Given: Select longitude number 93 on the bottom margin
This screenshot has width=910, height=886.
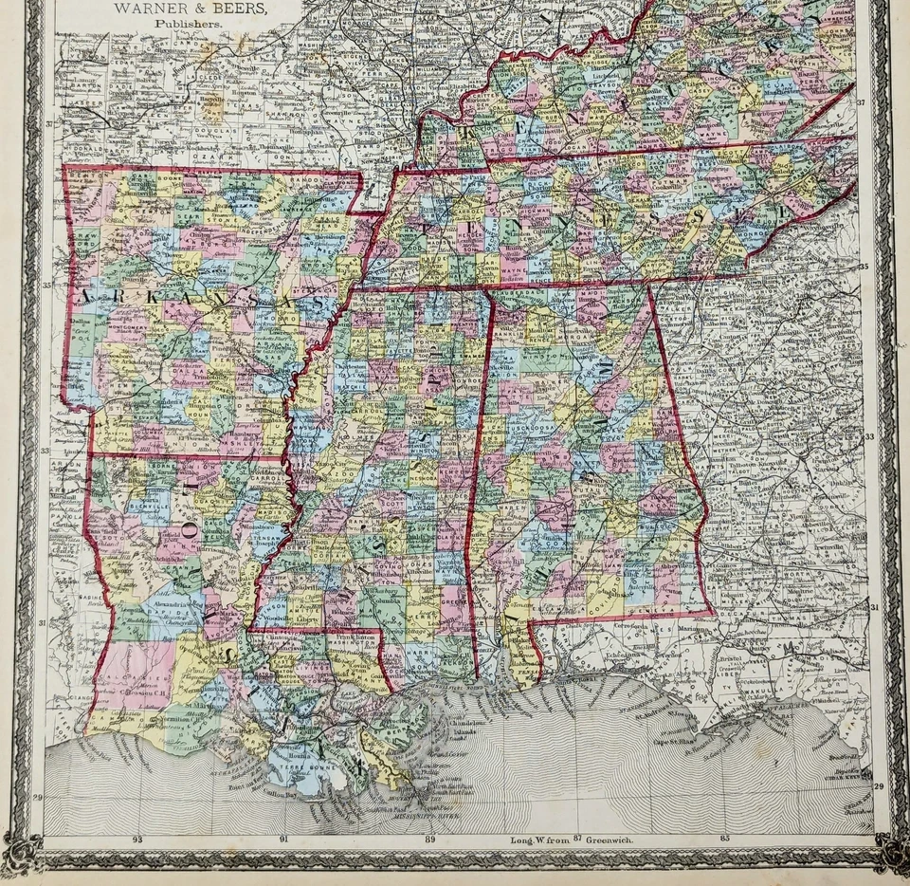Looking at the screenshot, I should [138, 839].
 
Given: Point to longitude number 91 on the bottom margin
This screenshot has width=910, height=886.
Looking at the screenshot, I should [284, 839].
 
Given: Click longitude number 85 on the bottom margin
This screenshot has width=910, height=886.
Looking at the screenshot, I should [724, 839].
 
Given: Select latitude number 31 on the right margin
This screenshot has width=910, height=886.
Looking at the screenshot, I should [877, 606].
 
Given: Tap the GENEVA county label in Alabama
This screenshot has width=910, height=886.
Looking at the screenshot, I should [645, 607].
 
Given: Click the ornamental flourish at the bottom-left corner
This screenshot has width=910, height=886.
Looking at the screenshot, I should [24, 849].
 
